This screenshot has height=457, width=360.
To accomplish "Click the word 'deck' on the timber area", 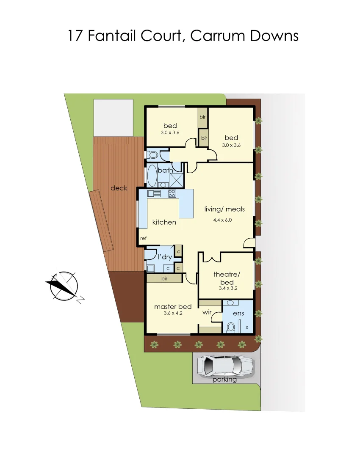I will (119, 188).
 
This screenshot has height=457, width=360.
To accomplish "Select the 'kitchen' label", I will (164, 222).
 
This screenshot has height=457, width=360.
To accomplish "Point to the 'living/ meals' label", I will (224, 209).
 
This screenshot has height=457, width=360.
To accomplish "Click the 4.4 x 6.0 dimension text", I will (223, 220).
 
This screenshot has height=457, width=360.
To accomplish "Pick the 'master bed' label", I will (173, 306).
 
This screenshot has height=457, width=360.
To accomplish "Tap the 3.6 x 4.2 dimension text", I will (172, 314).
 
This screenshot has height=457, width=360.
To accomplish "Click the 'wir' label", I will (207, 312).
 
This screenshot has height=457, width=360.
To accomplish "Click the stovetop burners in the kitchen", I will (172, 194).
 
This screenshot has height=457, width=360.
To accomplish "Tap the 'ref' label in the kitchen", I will (143, 239).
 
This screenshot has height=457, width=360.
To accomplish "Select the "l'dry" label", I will (164, 257).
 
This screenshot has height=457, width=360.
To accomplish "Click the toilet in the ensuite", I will (231, 327).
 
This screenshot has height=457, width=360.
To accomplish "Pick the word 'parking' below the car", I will (224, 379).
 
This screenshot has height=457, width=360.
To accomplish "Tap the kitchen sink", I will (154, 194).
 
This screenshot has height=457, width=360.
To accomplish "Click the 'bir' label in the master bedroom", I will (164, 279).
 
